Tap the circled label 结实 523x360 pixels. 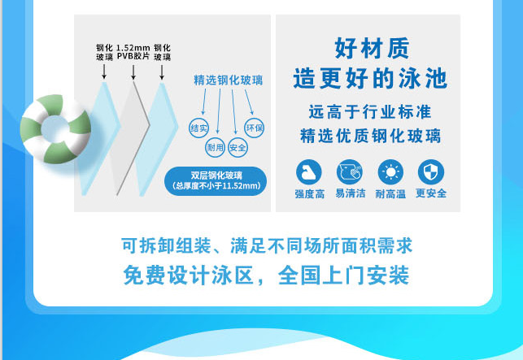pyautogui.click(x=198, y=128)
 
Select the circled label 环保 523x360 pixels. pyautogui.click(x=254, y=128)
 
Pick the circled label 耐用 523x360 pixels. pyautogui.click(x=215, y=147)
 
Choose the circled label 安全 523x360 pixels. pyautogui.click(x=238, y=147)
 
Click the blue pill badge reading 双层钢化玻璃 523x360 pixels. pyautogui.click(x=216, y=181)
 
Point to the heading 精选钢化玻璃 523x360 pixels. pyautogui.click(x=228, y=80)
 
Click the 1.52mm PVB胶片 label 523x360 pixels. pyautogui.click(x=133, y=52)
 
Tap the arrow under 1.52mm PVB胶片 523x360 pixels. pyautogui.click(x=133, y=72)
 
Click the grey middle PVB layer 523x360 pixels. pyautogui.click(x=131, y=138)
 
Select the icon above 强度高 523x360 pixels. pyautogui.click(x=309, y=172)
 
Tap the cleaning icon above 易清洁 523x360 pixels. pyautogui.click(x=349, y=172)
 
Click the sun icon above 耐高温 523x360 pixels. pyautogui.click(x=390, y=172)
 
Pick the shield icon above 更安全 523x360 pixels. pyautogui.click(x=431, y=172)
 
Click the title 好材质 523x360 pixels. pyautogui.click(x=372, y=48)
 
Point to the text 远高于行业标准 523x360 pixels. pyautogui.click(x=370, y=112)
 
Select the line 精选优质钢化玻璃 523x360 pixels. pyautogui.click(x=371, y=136)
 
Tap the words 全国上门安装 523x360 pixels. pyautogui.click(x=343, y=275)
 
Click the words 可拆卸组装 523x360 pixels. pyautogui.click(x=166, y=245)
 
